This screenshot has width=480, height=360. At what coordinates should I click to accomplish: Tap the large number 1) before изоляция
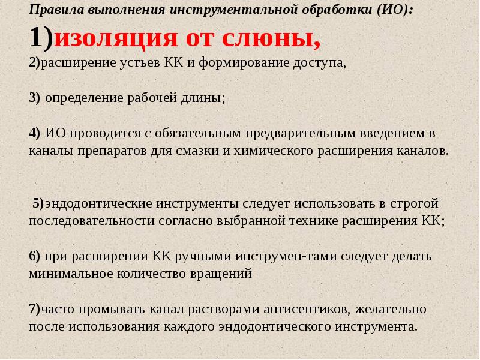pyautogui.click(x=41, y=38)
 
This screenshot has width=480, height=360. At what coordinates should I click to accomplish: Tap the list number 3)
pyautogui.click(x=34, y=98)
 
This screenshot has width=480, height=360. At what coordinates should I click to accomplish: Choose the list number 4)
pyautogui.click(x=34, y=133)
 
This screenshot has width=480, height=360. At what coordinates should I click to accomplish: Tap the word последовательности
pyautogui.click(x=92, y=220)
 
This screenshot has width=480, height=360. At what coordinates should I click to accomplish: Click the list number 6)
pyautogui.click(x=34, y=256)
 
